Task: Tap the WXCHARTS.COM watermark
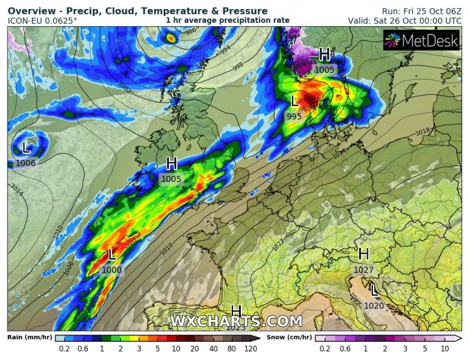click(236, 321)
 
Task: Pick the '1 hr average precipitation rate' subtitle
click(228, 21)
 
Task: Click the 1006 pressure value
click(26, 162)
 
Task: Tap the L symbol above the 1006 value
click(26, 147)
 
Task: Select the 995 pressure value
click(294, 116)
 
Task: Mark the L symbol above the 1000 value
click(112, 255)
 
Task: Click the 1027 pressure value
click(363, 269)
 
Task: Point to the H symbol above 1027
click(363, 254)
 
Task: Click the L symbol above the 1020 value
click(374, 290)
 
